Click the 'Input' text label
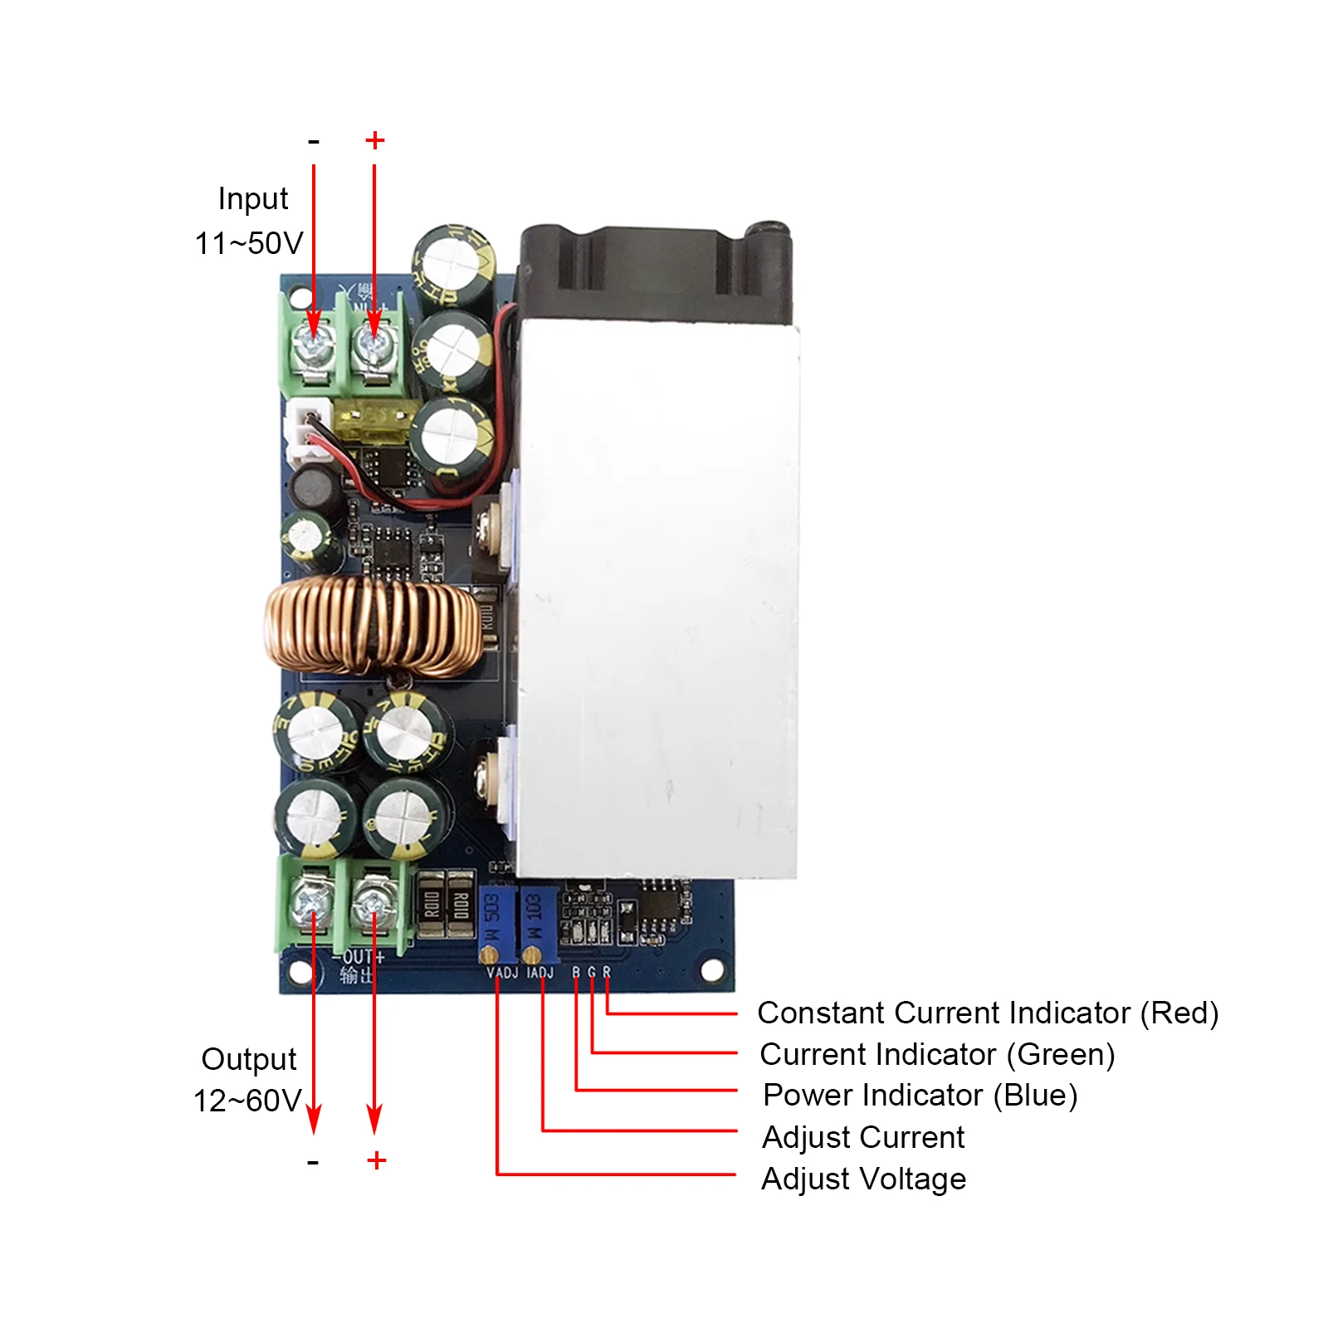252,199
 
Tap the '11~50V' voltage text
248,243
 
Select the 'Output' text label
248,1059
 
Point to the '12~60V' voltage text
247,1101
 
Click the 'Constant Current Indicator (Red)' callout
987,1013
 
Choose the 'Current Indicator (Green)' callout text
936,1054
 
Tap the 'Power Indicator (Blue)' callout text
920,1095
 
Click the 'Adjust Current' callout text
863,1137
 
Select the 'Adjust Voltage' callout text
863,1179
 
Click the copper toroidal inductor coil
373,627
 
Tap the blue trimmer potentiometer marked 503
493,921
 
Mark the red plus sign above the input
375,140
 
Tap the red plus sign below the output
376,1160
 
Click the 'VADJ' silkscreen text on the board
502,972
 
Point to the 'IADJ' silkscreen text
539,972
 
